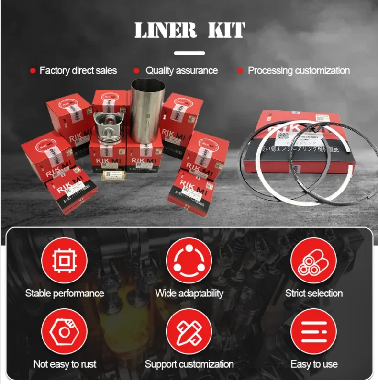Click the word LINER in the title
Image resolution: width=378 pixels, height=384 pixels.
click(166, 30)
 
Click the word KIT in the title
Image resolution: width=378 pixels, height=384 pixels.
click(226, 30)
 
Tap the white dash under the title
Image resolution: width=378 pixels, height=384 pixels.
click(189, 53)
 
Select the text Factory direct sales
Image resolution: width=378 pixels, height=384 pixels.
click(78, 71)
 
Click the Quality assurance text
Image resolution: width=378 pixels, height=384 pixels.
click(181, 71)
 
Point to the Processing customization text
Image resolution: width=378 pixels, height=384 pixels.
click(299, 71)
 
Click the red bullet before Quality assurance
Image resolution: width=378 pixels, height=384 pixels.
click(136, 71)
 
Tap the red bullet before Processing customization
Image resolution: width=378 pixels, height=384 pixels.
click(240, 71)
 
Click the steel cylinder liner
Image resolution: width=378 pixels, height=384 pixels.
click(148, 110)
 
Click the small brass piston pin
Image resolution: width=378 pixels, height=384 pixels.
click(113, 175)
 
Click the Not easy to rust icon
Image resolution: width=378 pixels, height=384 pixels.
click(64, 331)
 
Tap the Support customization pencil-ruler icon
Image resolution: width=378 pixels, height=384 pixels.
click(189, 331)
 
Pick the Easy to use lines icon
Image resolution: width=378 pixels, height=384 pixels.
click(314, 331)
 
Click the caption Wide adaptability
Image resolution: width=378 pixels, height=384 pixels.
click(189, 293)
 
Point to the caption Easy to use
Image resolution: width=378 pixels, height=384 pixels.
click(314, 364)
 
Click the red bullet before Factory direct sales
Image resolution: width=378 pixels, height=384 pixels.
click(33, 71)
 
